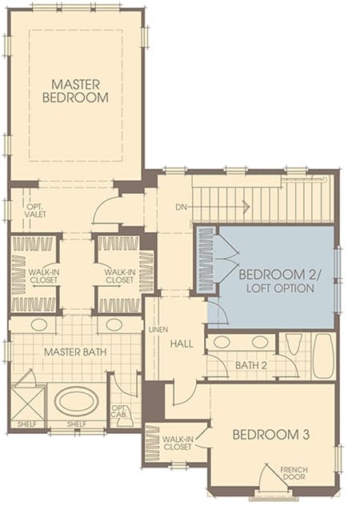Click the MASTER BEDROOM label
tap(75, 90)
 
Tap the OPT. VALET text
tap(35, 211)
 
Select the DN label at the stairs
tap(181, 207)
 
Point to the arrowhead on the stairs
tap(246, 207)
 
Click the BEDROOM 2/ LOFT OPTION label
tap(280, 281)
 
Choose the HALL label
tap(182, 344)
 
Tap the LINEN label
tap(158, 330)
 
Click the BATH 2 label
tap(251, 365)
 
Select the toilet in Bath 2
tap(294, 344)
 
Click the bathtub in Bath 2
tap(322, 355)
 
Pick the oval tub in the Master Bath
tap(76, 402)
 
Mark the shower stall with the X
tap(27, 404)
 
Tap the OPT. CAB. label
tap(119, 412)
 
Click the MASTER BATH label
tap(75, 352)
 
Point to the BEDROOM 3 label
tap(271, 435)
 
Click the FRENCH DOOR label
tap(294, 473)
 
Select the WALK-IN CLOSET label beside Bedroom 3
tap(177, 444)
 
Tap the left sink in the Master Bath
tap(39, 325)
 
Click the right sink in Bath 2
tap(260, 342)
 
